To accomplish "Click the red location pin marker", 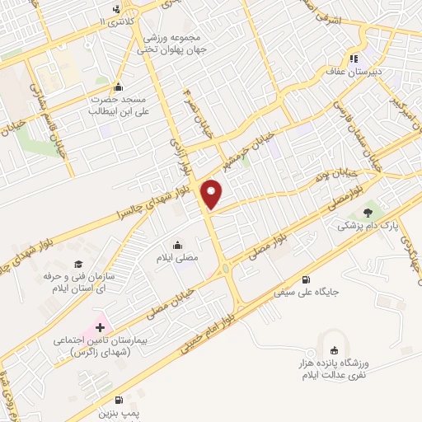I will click(213, 195).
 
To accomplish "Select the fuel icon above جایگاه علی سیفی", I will click(308, 279).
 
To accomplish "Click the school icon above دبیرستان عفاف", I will click(354, 58).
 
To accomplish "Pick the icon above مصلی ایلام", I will click(178, 245).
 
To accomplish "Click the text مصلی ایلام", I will click(178, 259).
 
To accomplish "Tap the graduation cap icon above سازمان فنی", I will click(77, 264).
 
